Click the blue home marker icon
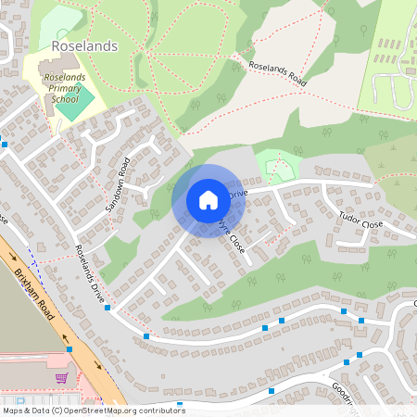(208, 199)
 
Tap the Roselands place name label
(85, 44)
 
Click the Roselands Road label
(278, 75)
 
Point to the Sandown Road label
(119, 184)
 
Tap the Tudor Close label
(360, 221)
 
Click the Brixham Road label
(36, 295)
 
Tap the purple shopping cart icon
(62, 378)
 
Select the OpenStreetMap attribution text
(94, 410)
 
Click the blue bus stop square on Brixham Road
(69, 349)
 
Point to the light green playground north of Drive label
(275, 165)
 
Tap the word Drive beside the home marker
(238, 194)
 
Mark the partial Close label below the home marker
(232, 237)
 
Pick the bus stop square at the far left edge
(4, 144)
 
